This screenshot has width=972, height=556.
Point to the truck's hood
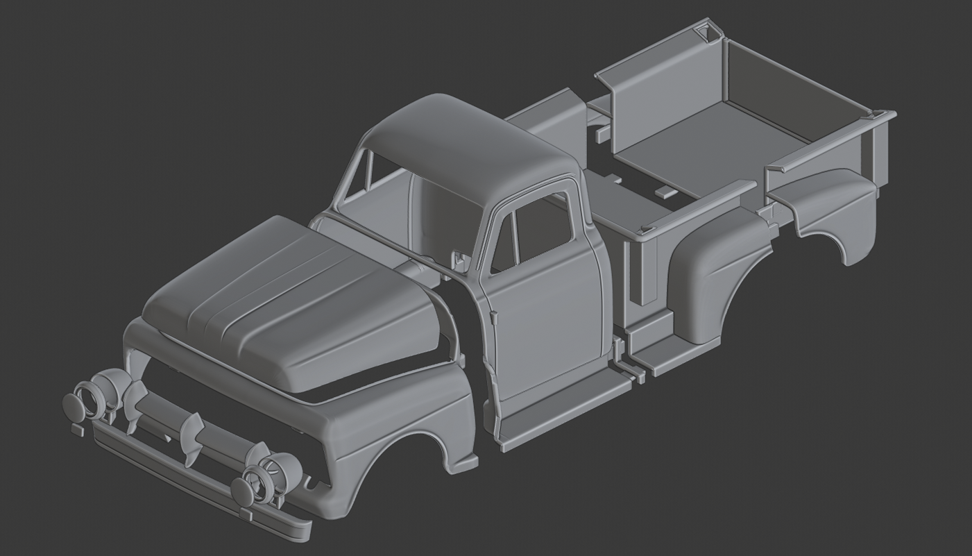click(291, 298)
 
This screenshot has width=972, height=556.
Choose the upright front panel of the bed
click(659, 104)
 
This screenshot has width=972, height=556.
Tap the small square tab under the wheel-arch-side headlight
click(246, 514)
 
